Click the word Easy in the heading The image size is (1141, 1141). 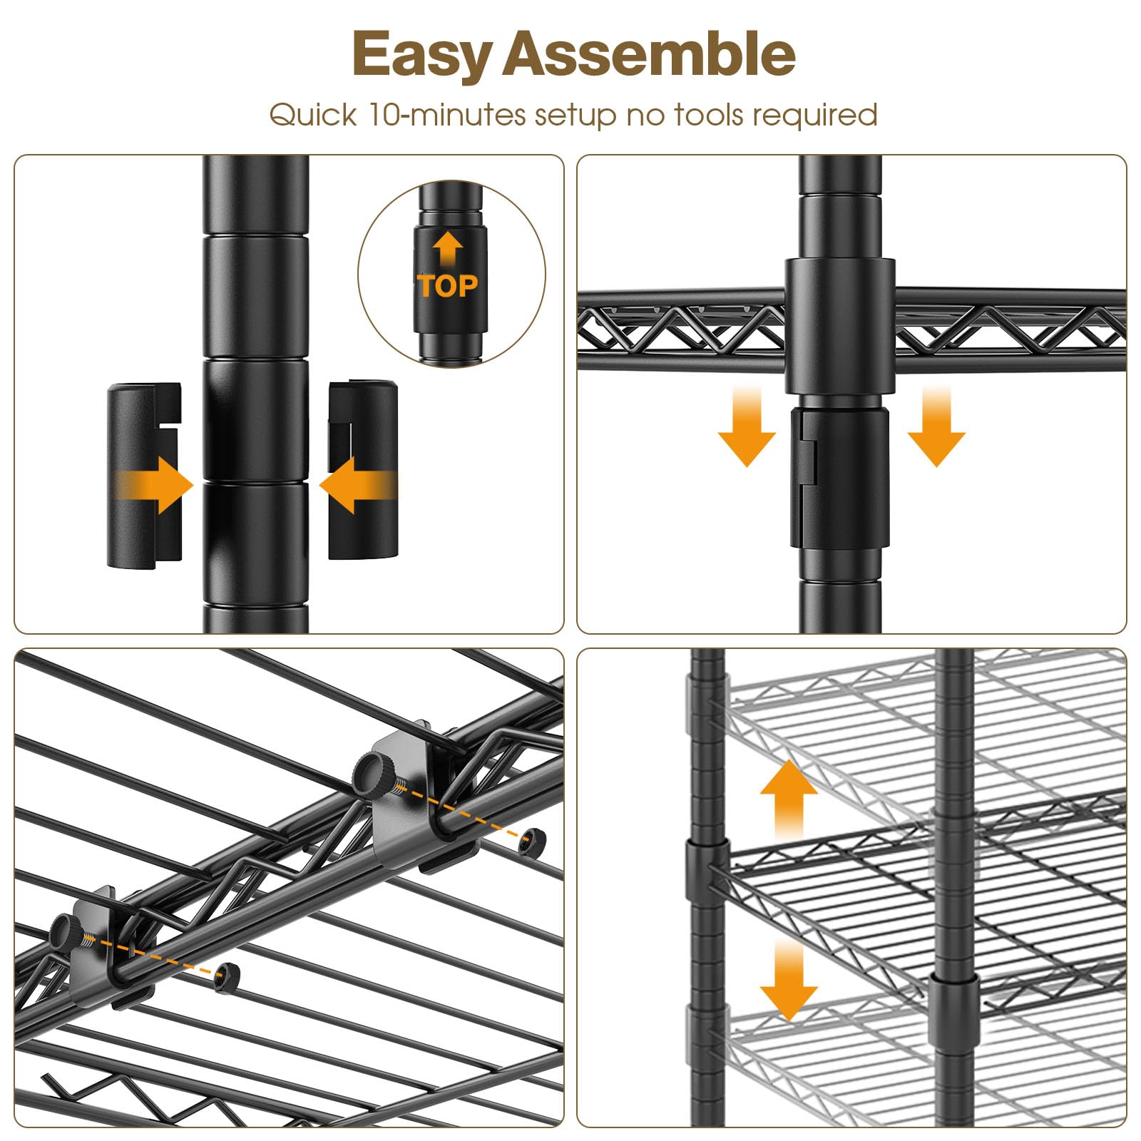click(421, 56)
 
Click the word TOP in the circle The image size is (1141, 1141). click(448, 286)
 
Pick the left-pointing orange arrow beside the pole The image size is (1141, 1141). click(357, 486)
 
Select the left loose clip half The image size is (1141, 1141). click(144, 476)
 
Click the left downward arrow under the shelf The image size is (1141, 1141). click(747, 427)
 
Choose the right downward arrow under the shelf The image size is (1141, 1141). click(936, 427)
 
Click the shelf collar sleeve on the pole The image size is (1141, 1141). click(840, 327)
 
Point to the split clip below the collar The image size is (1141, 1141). click(839, 478)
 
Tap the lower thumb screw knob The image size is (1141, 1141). click(68, 931)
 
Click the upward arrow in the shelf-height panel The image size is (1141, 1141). click(789, 798)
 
